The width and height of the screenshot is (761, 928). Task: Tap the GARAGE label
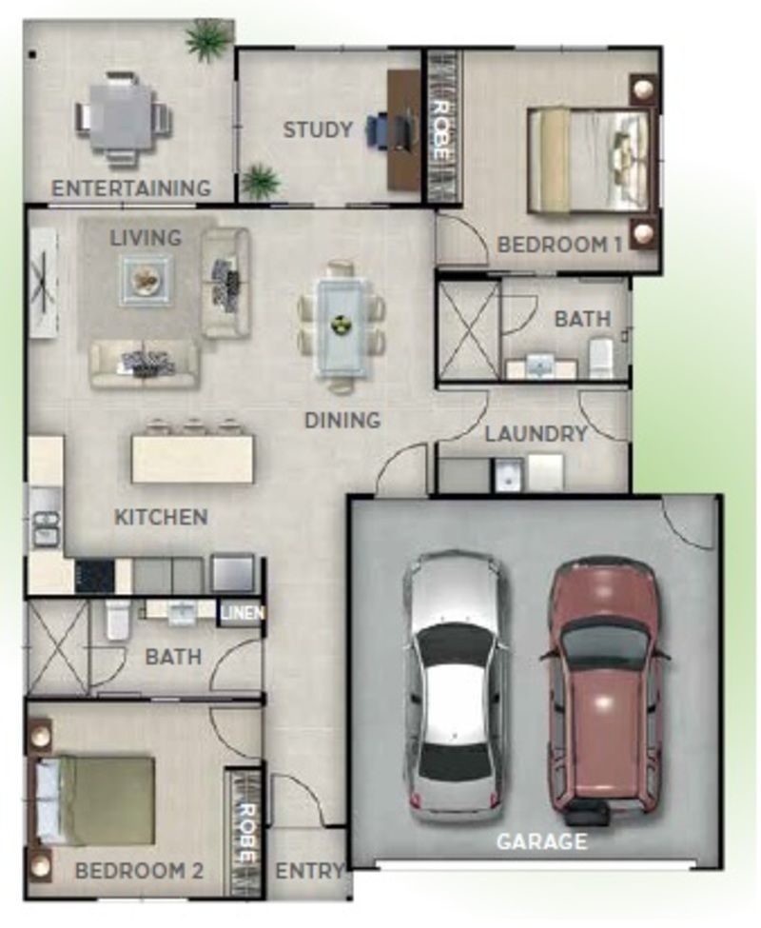click(541, 841)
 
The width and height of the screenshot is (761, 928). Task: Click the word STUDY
click(318, 129)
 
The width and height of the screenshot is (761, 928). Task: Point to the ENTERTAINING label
click(131, 188)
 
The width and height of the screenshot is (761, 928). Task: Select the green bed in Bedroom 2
click(95, 800)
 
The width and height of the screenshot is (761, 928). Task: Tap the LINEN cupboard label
click(241, 613)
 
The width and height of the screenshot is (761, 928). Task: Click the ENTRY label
click(309, 871)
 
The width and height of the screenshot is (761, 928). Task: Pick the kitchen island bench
click(192, 459)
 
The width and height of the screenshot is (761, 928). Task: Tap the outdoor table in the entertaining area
click(122, 117)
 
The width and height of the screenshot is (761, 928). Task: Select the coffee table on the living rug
click(146, 279)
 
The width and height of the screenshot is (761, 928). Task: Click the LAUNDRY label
click(536, 434)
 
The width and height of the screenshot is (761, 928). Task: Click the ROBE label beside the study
click(440, 128)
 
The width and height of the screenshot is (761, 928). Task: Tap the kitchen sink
click(45, 528)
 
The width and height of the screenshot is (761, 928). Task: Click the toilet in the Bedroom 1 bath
click(601, 357)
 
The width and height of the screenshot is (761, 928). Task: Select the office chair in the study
click(379, 129)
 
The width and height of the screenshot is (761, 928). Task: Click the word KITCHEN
click(161, 517)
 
